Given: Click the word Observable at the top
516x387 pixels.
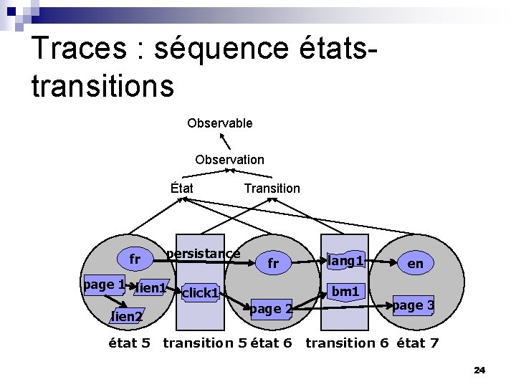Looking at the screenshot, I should [219, 123].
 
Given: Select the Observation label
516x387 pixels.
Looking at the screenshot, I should [229, 160].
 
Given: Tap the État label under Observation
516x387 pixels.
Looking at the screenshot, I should [182, 188].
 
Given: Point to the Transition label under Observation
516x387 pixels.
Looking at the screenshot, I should [272, 188].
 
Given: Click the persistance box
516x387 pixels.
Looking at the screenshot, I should [203, 254].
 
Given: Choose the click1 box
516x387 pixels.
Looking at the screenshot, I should [200, 292].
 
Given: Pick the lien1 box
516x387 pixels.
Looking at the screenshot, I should [152, 288].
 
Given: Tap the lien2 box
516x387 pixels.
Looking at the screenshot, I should [126, 316].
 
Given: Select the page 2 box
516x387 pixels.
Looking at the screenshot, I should [270, 309].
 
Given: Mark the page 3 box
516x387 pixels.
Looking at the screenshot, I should [413, 305].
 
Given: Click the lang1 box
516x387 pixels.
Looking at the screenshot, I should [346, 262].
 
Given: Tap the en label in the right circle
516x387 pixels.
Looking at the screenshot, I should [415, 264].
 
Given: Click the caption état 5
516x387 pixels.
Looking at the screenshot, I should [129, 343].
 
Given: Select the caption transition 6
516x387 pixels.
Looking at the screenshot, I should [347, 343].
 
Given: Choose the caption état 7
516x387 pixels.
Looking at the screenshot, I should [418, 343].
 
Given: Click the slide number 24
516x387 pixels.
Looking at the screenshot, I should [479, 371].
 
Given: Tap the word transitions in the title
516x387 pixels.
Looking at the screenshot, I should [102, 85].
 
